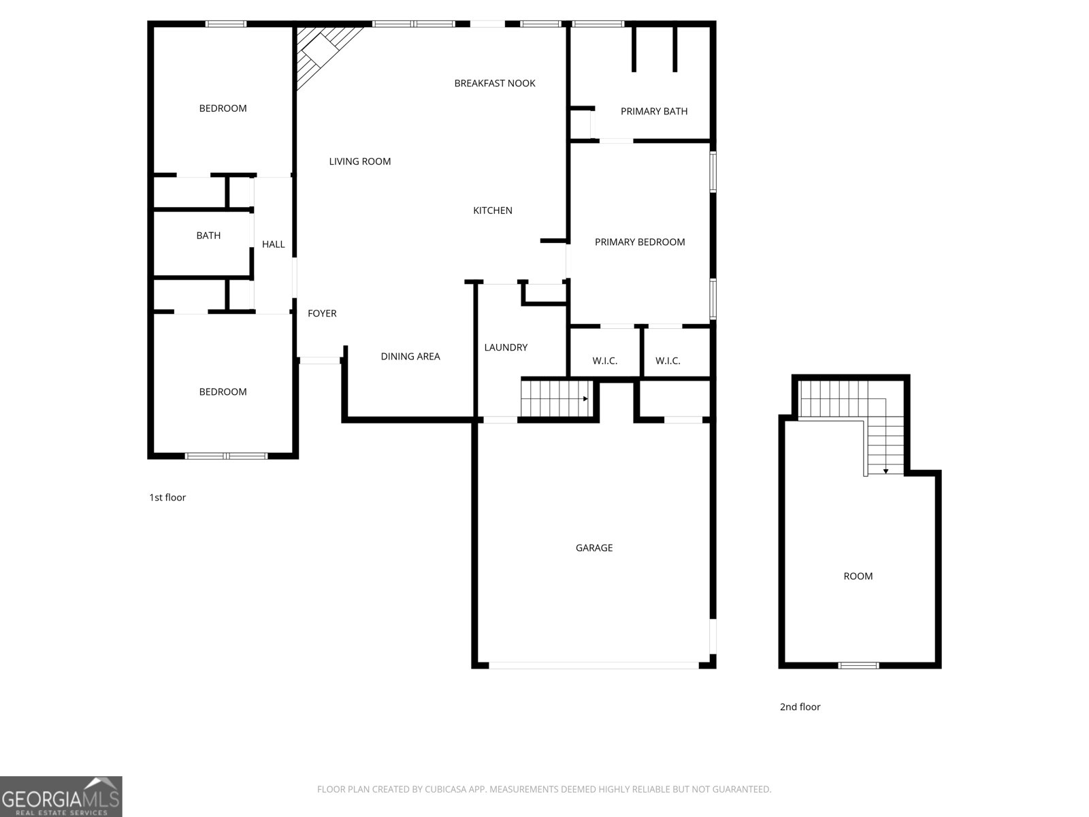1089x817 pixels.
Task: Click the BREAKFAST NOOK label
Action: [x=495, y=83]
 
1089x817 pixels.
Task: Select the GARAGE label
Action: [x=594, y=547]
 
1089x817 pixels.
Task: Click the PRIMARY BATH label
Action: [x=653, y=111]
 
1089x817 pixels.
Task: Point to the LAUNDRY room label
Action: [x=506, y=347]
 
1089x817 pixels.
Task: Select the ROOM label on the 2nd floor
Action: [x=858, y=576]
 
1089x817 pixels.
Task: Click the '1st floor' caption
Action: [x=167, y=498]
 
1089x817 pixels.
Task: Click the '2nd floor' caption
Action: [x=800, y=707]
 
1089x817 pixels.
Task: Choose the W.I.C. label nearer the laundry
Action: [x=604, y=361]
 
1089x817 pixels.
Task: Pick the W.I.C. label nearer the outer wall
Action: [x=668, y=361]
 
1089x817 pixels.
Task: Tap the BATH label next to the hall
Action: [x=208, y=236]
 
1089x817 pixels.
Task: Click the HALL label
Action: [x=274, y=244]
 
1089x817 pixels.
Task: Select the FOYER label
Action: [x=322, y=313]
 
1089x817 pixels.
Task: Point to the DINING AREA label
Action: [x=410, y=356]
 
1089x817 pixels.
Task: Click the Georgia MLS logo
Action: [x=61, y=797]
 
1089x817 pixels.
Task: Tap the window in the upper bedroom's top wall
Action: [x=226, y=25]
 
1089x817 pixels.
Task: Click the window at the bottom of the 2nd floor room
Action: [x=858, y=665]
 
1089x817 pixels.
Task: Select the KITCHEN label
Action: [x=493, y=210]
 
